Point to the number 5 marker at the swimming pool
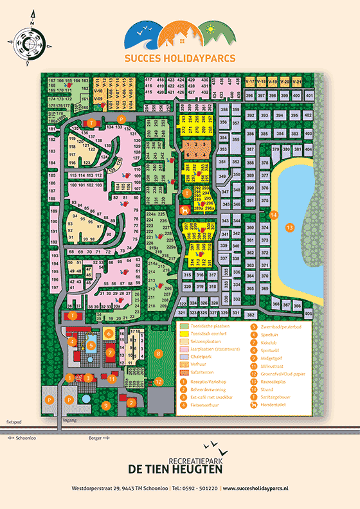(91, 346)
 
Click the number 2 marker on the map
(130, 403)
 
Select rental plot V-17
(250, 82)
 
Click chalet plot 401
(309, 96)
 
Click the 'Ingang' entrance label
(68, 420)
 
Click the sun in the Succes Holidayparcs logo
(209, 29)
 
